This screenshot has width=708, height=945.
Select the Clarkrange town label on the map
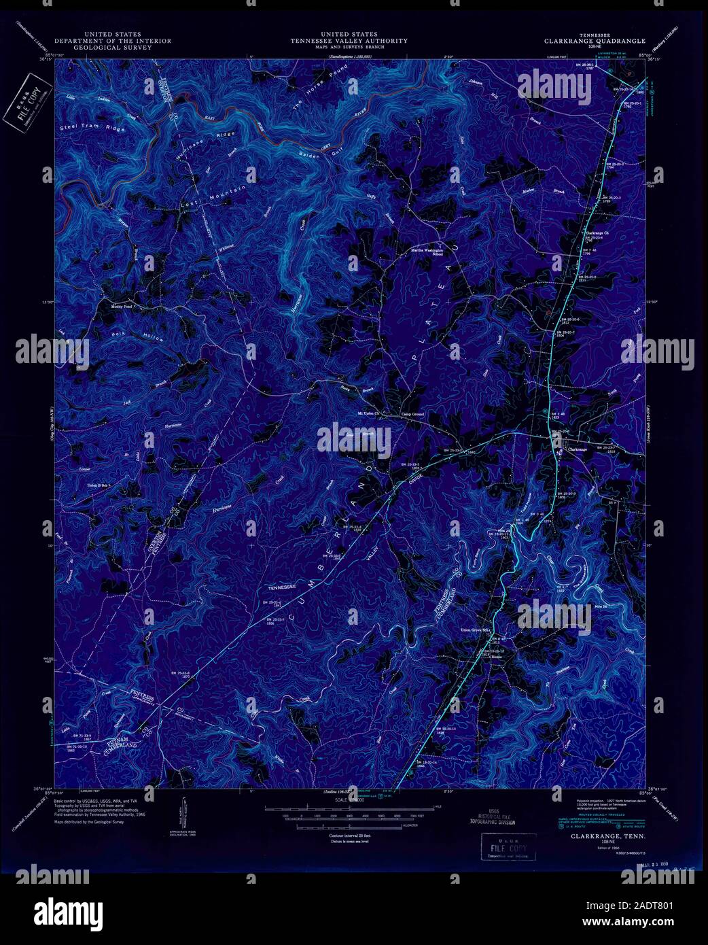tap(576, 449)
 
